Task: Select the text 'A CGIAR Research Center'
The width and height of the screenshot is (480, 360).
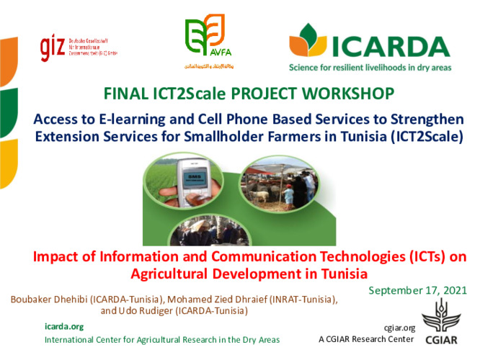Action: point(366,338)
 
